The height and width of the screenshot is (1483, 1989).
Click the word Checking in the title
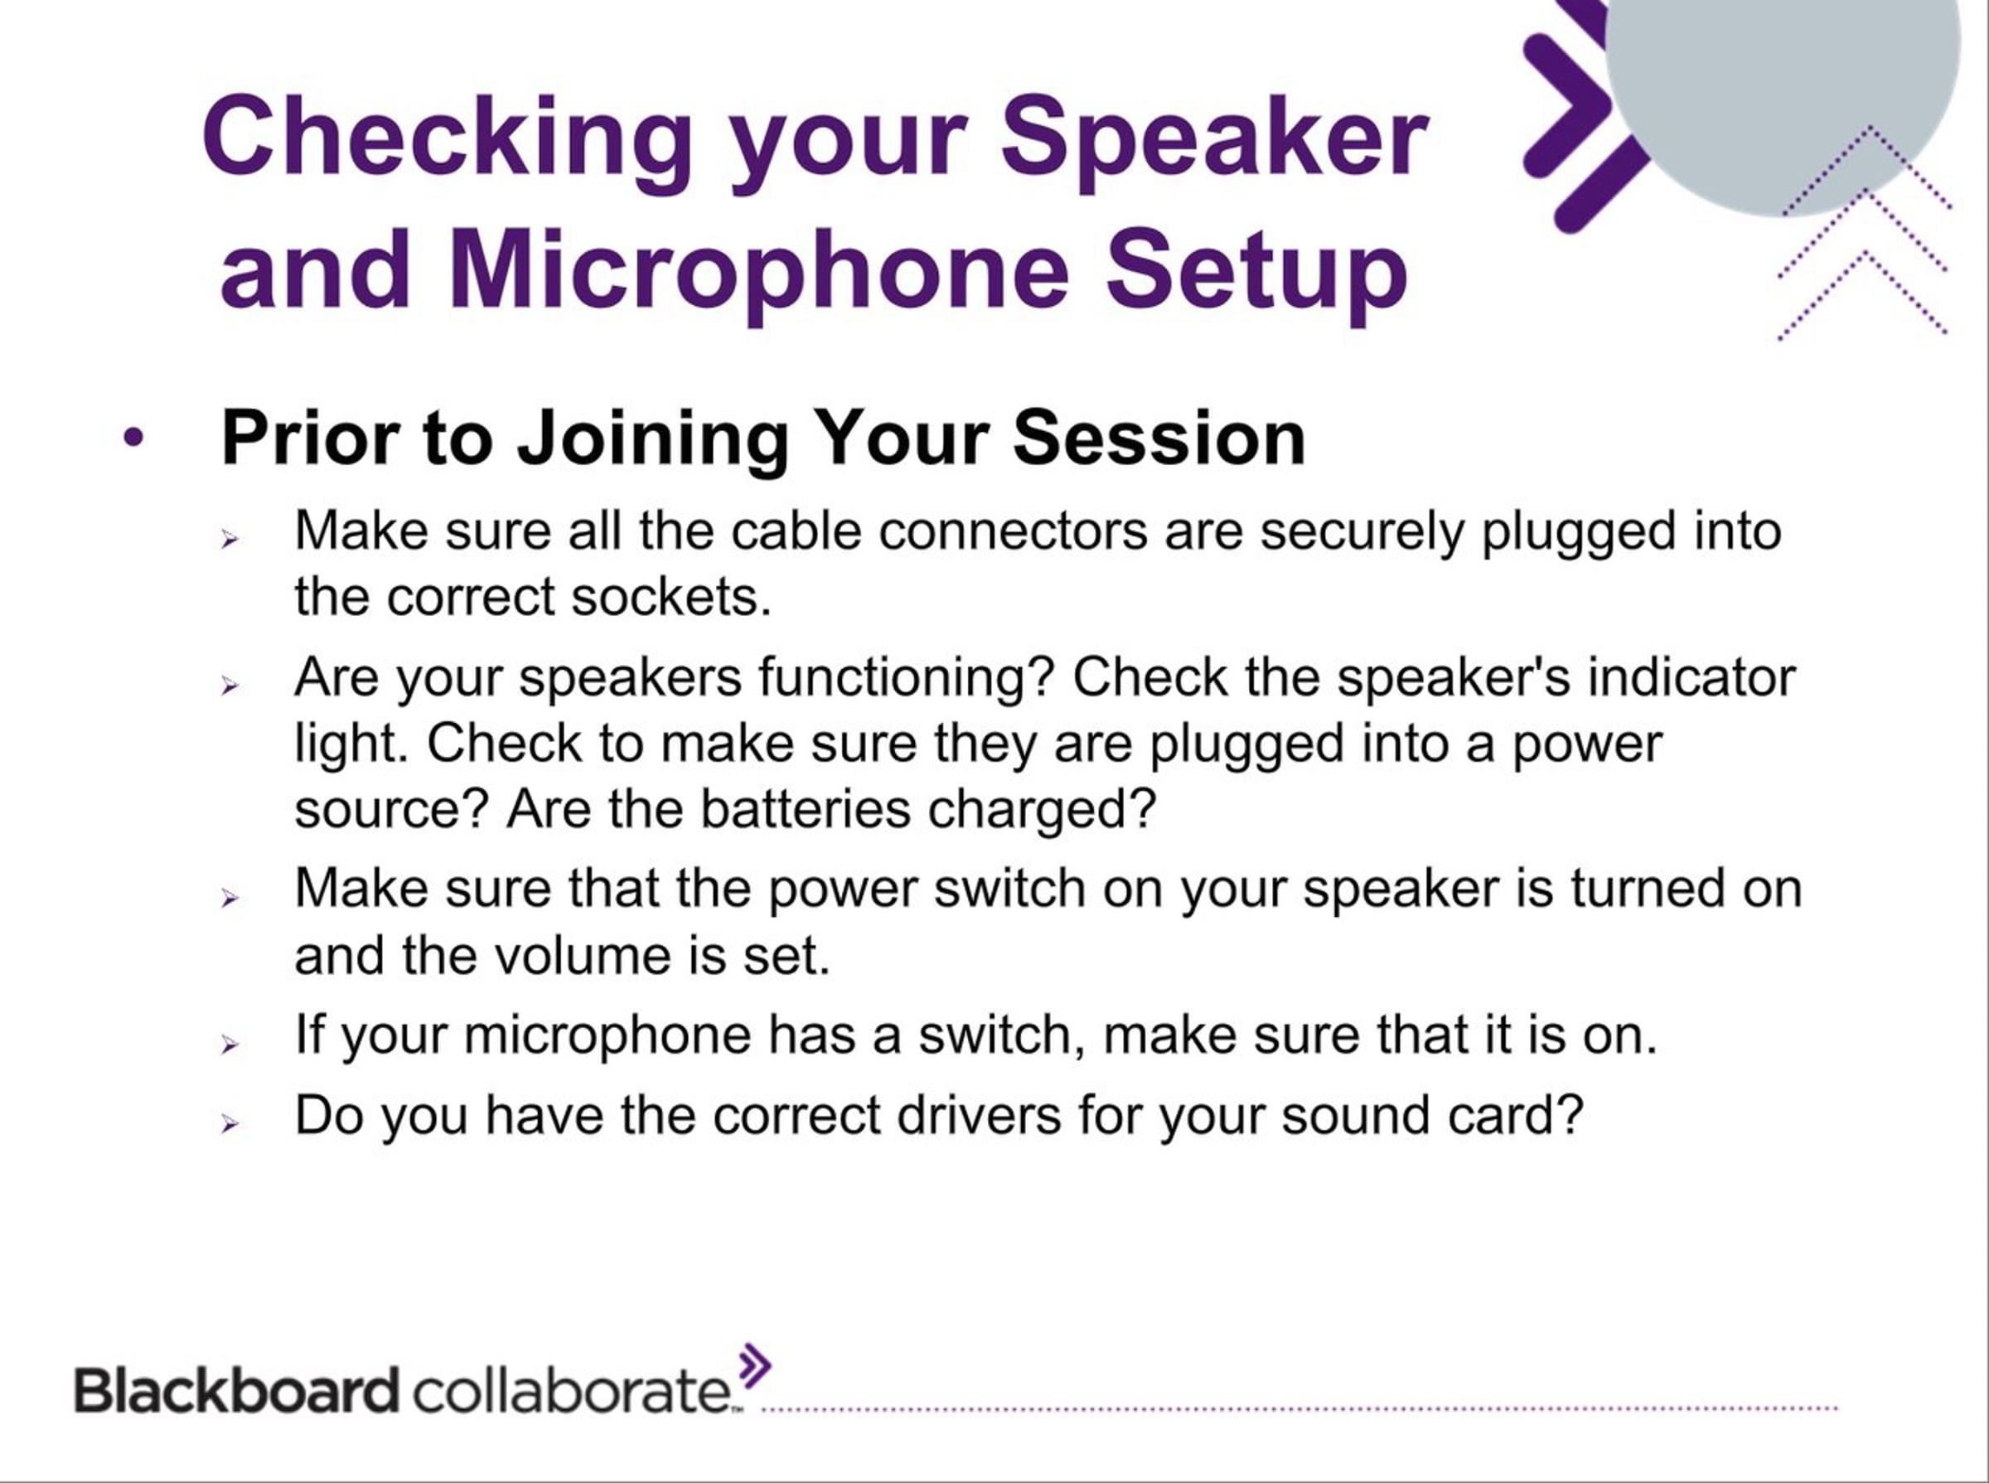pos(448,140)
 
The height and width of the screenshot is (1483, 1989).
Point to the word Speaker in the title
pos(1214,140)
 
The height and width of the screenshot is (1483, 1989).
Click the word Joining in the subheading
pos(651,440)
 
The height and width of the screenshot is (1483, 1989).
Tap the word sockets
pos(670,597)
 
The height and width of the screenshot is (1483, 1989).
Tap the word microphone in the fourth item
pos(607,1036)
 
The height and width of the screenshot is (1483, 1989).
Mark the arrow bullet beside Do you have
pos(230,1123)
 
